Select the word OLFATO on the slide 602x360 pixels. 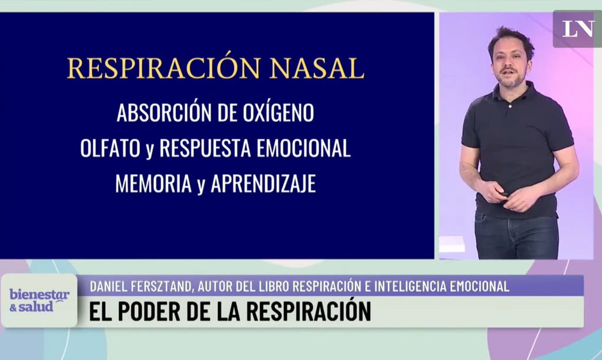[110, 148]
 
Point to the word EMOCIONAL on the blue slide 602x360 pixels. [303, 148]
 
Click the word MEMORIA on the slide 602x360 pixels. [153, 184]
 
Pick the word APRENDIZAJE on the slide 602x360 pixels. [263, 184]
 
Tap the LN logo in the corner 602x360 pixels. [578, 29]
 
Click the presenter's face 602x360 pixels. [510, 65]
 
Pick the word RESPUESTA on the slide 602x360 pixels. [205, 148]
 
